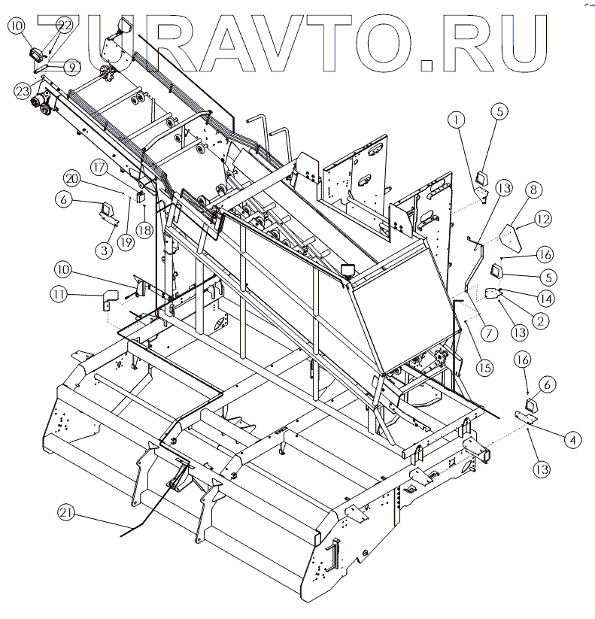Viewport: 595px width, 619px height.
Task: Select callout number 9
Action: tap(71, 66)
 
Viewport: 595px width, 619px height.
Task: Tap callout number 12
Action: tap(544, 219)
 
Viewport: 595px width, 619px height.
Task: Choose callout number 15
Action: tap(485, 367)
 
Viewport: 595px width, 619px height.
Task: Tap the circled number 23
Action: tap(23, 91)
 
